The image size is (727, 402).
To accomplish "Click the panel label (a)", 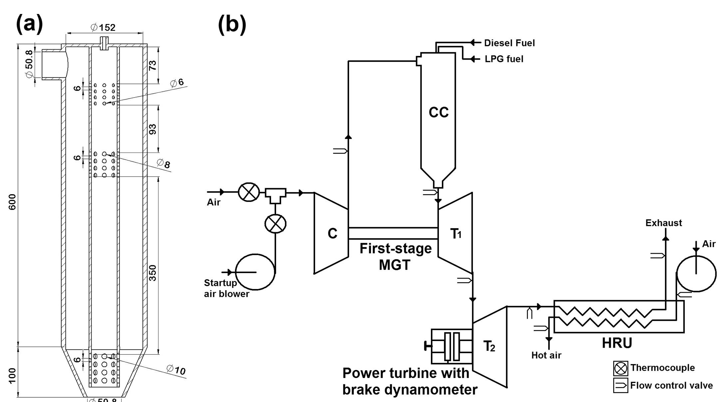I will point(29,24).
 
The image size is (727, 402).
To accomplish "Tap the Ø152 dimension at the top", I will point(103,27).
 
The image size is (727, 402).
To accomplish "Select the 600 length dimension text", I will point(12,202).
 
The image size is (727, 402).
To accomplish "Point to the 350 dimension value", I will point(152,273).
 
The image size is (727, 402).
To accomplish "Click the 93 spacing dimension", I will point(152,129).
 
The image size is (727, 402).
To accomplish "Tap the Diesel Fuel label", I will point(509,43).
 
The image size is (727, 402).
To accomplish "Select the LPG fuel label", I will point(504,59).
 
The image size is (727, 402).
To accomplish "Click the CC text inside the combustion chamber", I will point(438,112).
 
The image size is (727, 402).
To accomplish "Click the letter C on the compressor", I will point(332,233).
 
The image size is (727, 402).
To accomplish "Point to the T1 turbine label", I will point(456,234).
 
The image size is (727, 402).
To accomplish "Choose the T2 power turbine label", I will point(489,346).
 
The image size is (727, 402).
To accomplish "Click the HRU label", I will point(617,343).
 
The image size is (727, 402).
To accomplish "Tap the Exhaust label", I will point(663,223).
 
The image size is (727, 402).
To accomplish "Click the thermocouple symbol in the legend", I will point(620,368).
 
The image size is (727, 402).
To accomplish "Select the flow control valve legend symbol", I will point(620,385).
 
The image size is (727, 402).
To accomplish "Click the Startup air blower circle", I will point(255,272).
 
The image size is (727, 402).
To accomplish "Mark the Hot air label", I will point(546,355).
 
